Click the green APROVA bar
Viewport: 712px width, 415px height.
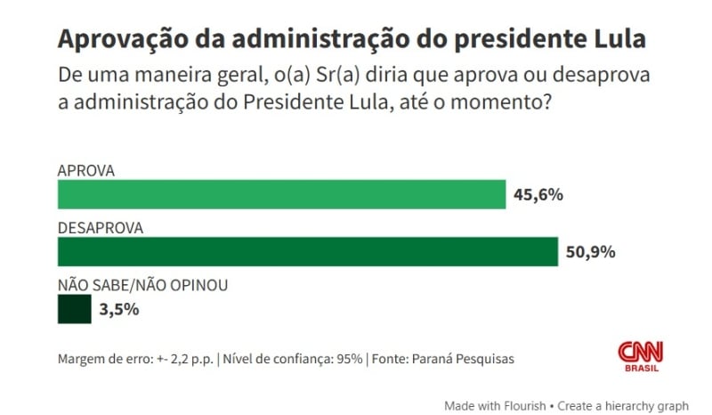281,194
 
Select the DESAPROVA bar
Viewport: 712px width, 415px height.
307,251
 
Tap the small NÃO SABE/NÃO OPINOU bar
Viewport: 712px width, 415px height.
74,309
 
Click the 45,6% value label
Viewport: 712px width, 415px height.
538,195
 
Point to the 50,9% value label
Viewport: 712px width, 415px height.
591,252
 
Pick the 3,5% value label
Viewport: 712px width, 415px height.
119,310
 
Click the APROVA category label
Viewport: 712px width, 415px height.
86,170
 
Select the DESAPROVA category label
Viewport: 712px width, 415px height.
101,227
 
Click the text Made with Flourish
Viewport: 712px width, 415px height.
495,405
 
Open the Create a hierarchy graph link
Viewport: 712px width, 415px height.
623,405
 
